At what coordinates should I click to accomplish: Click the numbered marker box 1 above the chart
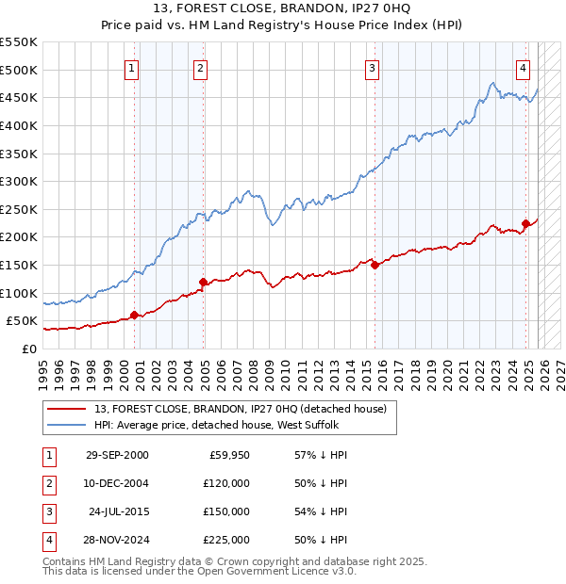tap(131, 68)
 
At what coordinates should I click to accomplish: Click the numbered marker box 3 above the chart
tap(373, 68)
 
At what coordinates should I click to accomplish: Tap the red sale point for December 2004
tap(203, 282)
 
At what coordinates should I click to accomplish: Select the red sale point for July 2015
tap(375, 265)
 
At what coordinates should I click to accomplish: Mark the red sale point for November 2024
tap(526, 223)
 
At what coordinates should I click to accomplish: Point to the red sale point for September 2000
tap(134, 315)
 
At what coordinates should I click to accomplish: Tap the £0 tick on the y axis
tap(29, 349)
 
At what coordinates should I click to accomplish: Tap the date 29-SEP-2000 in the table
tap(116, 456)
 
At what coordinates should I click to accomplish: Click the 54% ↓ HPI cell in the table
tap(315, 511)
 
